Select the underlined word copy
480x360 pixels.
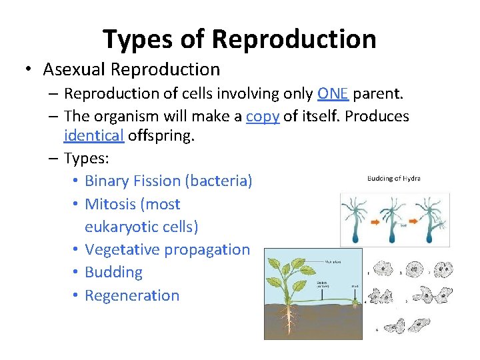click(262, 116)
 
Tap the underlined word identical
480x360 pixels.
click(94, 137)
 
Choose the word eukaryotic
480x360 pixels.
click(123, 227)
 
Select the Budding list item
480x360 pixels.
click(113, 272)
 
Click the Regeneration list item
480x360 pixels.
click(132, 295)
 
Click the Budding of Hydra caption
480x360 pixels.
click(393, 179)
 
